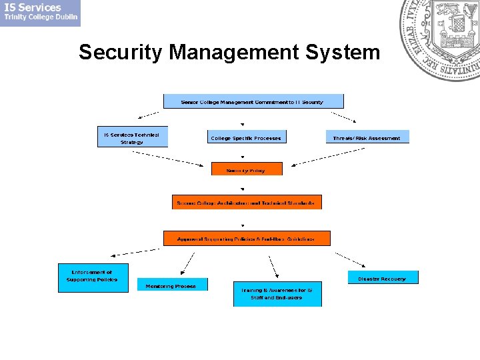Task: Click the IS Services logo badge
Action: (x=40, y=13)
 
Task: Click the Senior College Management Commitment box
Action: (x=253, y=101)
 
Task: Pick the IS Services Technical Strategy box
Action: (x=132, y=137)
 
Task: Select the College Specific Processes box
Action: (x=246, y=137)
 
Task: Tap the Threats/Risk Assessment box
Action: (x=367, y=137)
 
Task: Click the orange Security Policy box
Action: (x=247, y=169)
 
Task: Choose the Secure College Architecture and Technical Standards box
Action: (x=247, y=202)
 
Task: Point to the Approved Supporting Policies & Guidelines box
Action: (x=247, y=238)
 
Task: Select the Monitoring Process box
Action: (x=172, y=285)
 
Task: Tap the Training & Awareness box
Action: (x=277, y=294)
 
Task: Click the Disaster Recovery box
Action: (x=383, y=277)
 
